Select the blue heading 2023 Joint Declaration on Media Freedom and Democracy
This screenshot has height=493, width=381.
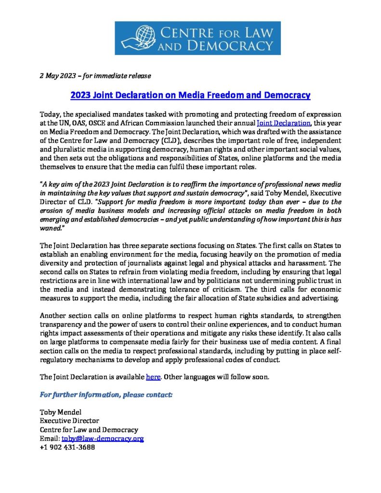(x=190, y=95)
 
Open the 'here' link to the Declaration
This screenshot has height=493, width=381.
(x=153, y=377)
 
